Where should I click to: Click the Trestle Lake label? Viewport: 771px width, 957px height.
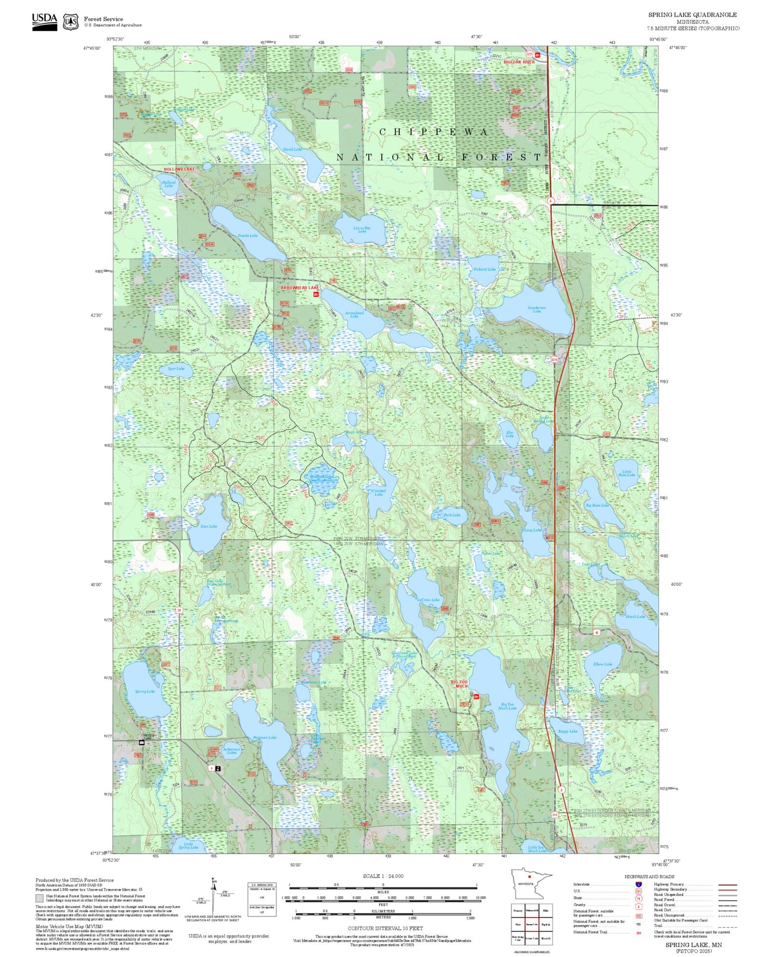tap(248, 235)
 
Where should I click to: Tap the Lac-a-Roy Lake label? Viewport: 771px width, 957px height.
tap(362, 230)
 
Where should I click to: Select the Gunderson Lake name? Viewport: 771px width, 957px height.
tap(537, 309)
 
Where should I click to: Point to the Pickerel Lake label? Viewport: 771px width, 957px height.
tap(485, 269)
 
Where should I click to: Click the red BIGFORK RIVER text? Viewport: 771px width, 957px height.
tap(519, 62)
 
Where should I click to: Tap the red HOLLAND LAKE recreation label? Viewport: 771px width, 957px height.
tap(179, 169)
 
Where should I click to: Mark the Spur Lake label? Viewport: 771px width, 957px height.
tap(176, 369)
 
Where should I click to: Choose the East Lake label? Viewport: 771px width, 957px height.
tap(209, 526)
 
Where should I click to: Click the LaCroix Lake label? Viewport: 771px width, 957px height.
tap(428, 600)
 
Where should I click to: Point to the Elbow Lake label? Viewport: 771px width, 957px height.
tap(602, 664)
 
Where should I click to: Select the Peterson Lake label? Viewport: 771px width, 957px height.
tap(265, 738)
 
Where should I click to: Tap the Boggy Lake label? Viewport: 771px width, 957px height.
tap(567, 731)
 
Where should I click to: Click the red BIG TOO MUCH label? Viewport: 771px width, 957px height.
tap(460, 684)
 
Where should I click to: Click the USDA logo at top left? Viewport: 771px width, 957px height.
tap(44, 21)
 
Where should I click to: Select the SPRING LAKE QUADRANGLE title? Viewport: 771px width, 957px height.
tap(692, 15)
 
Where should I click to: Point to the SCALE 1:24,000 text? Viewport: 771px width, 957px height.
tap(383, 876)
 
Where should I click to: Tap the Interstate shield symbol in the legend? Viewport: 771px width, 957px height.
tap(638, 884)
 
